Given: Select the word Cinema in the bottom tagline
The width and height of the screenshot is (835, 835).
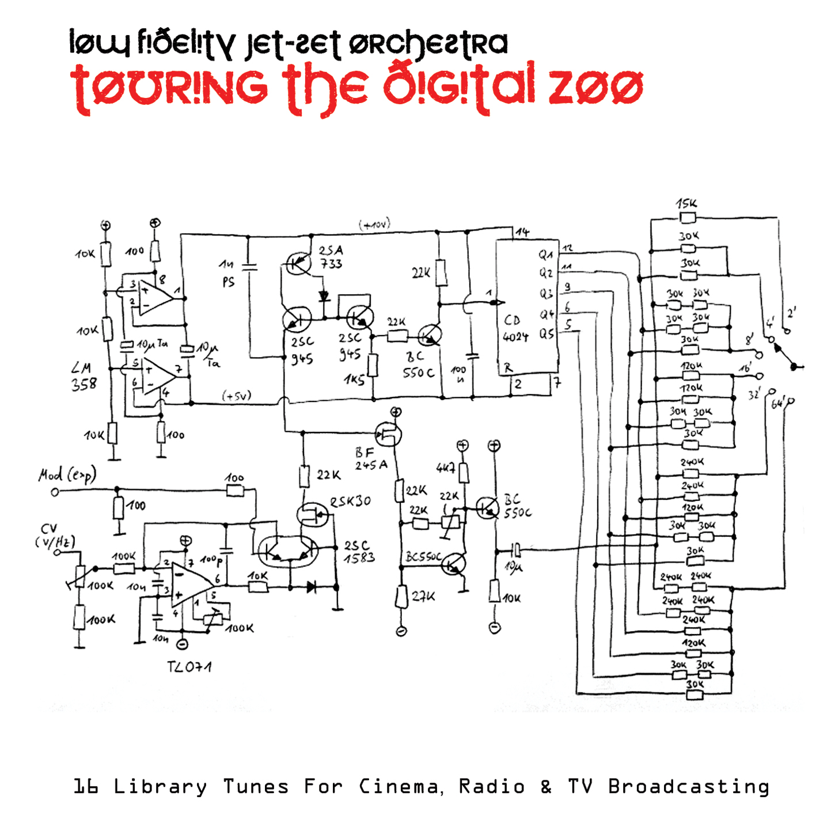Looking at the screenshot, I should (399, 787).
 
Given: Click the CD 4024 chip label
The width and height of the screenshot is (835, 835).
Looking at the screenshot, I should (515, 328).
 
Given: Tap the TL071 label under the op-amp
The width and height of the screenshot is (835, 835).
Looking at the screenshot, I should (189, 667).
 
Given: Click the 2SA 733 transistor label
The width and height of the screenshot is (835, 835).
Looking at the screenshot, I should (331, 257).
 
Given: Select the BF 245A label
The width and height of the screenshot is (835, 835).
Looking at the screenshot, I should (371, 459).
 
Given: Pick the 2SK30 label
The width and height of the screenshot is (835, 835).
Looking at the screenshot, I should (351, 502).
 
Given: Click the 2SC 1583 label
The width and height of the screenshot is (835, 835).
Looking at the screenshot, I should (359, 551).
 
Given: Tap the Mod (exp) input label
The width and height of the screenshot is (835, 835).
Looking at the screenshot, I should (67, 475).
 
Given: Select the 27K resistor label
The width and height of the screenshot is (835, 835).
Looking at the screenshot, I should (424, 597).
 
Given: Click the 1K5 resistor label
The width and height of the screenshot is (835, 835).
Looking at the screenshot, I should (354, 379).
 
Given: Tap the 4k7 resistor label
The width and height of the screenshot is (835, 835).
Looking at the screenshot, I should (445, 468).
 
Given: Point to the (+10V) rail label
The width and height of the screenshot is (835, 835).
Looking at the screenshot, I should (374, 224).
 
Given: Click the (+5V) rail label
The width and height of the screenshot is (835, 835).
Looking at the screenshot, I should (237, 396).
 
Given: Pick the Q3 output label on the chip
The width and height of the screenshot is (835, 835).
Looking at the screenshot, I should (546, 294).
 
